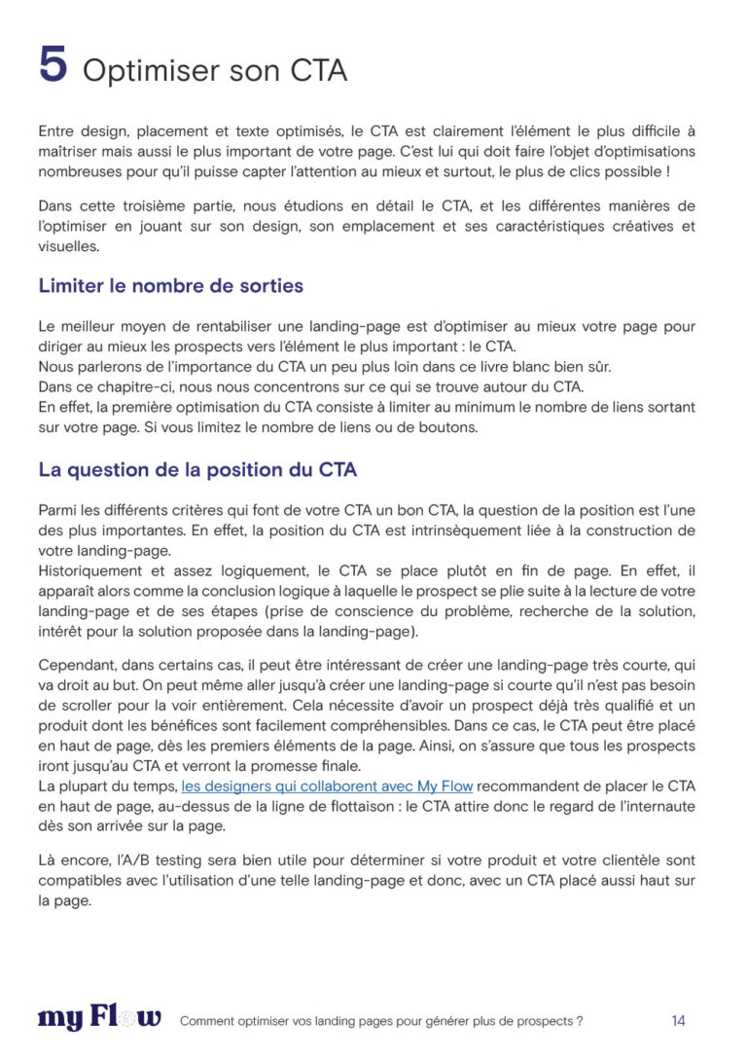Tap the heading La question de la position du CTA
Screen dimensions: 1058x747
tap(197, 469)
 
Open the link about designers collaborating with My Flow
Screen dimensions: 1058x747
tap(327, 785)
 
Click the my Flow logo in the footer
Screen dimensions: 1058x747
tap(99, 1018)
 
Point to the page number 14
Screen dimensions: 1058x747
tap(678, 1020)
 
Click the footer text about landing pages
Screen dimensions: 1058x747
tap(381, 1021)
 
